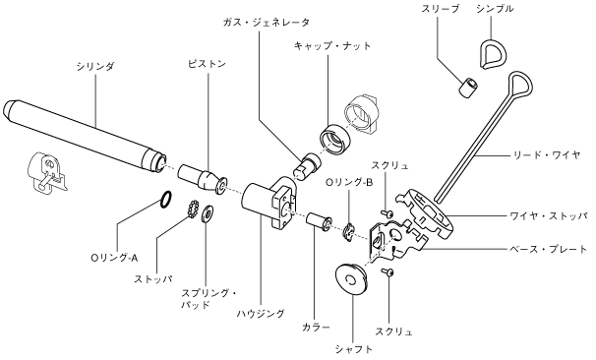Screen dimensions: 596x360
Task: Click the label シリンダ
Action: click(95, 67)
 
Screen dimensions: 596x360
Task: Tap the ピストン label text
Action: click(208, 64)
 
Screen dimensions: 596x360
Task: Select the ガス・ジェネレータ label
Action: click(267, 23)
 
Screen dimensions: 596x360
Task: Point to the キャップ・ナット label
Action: click(332, 46)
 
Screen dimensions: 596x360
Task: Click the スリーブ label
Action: click(441, 9)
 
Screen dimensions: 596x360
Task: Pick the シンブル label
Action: click(495, 9)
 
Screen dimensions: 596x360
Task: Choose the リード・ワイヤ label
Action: click(547, 155)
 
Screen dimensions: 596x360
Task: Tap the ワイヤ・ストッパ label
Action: click(549, 216)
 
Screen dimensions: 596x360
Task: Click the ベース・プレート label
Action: click(549, 250)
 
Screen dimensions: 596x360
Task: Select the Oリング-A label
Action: click(114, 259)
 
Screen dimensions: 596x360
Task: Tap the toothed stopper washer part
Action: click(193, 209)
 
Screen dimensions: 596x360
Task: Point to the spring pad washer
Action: click(208, 214)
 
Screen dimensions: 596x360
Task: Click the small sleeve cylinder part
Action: click(467, 88)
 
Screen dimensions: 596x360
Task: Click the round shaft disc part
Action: click(351, 280)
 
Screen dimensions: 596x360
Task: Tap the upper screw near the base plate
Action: click(387, 213)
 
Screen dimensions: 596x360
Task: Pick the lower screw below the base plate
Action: click(387, 271)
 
